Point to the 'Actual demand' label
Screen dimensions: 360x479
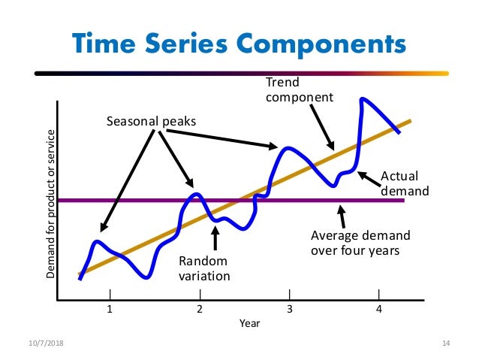pyautogui.click(x=405, y=183)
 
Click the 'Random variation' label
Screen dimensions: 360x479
pyautogui.click(x=203, y=268)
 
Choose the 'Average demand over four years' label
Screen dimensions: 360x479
pyautogui.click(x=355, y=243)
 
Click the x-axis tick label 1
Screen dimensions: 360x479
pyautogui.click(x=110, y=308)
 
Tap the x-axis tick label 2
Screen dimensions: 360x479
pyautogui.click(x=200, y=308)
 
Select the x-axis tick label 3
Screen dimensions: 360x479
pyautogui.click(x=290, y=308)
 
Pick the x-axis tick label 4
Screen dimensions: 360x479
pyautogui.click(x=379, y=308)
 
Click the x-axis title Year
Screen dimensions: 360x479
pyautogui.click(x=249, y=323)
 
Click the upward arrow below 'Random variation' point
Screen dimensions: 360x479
pyautogui.click(x=215, y=237)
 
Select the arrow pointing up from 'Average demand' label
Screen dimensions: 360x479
pyautogui.click(x=343, y=216)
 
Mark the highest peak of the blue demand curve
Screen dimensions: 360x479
pyautogui.click(x=364, y=98)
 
